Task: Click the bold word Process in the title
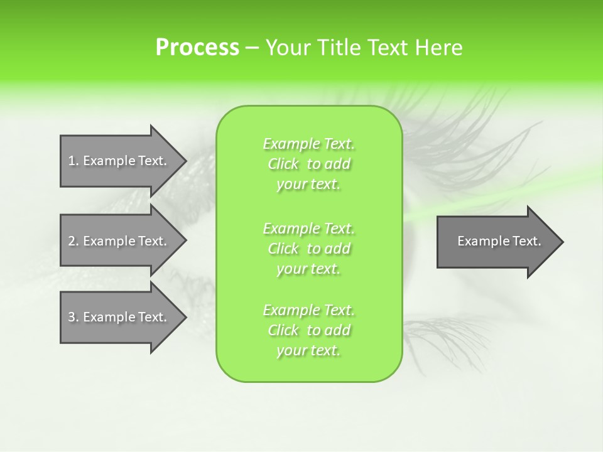pos(197,48)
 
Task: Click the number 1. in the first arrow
pos(73,161)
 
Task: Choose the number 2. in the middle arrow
pos(73,241)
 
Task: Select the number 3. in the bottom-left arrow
pos(73,317)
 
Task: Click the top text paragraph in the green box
pos(308,164)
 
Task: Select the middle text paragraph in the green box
pos(308,248)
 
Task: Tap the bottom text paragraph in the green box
pos(308,330)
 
